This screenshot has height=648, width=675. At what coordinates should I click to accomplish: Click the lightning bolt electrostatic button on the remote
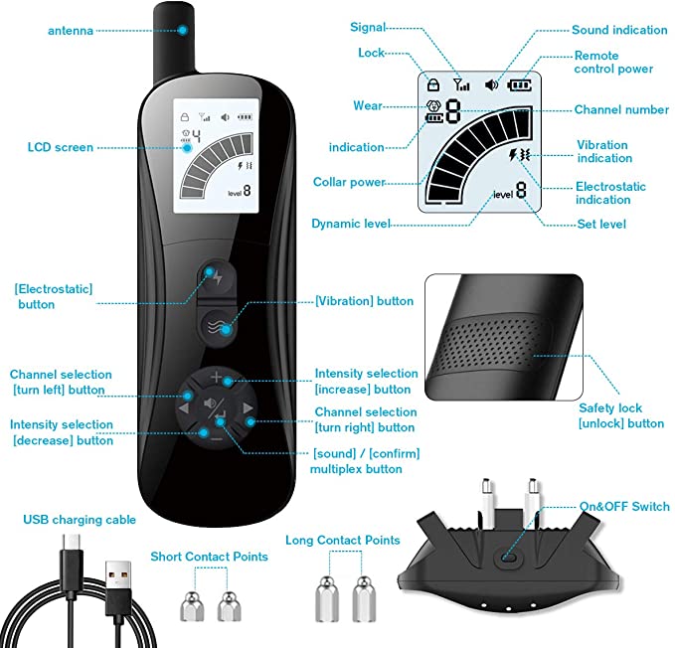click(x=217, y=277)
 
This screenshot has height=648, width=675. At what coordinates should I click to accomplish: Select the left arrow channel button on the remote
click(x=184, y=407)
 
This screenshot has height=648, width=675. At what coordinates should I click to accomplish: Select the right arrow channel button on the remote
click(x=248, y=407)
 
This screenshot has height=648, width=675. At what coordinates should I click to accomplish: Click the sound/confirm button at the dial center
click(x=216, y=407)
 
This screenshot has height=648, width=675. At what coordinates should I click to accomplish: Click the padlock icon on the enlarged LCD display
click(x=433, y=84)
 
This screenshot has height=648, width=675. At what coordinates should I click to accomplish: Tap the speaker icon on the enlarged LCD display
click(x=491, y=84)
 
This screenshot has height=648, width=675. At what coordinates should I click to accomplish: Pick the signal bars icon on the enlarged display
click(x=461, y=84)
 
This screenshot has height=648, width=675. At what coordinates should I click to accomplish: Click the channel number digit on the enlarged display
click(x=453, y=111)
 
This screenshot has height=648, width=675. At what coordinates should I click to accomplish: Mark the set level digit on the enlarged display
click(x=521, y=189)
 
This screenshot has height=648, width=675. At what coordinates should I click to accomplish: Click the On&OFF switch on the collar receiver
click(x=508, y=558)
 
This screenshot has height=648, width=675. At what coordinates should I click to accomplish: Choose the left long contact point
click(x=327, y=599)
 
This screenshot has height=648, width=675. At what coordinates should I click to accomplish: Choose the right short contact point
click(x=229, y=606)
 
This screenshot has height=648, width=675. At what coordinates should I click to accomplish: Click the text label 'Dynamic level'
click(x=351, y=224)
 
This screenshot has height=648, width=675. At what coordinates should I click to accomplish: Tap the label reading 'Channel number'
click(x=621, y=109)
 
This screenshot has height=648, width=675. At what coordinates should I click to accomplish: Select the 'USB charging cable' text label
click(x=80, y=520)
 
